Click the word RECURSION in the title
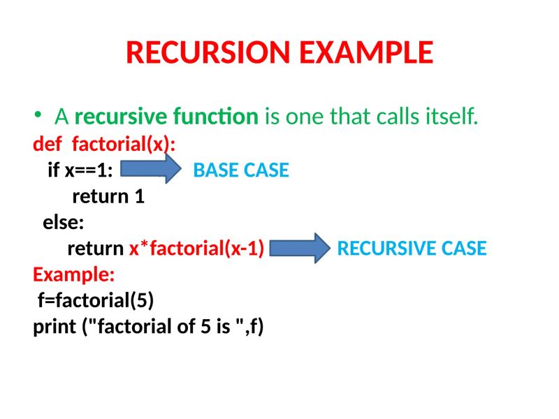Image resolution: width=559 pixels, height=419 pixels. click(x=201, y=53)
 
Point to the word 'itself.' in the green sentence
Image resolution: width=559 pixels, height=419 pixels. click(x=451, y=116)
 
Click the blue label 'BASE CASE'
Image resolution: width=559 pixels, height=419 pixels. click(x=240, y=170)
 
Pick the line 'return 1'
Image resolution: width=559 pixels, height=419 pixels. click(x=108, y=196)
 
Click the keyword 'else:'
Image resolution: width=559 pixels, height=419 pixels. click(x=63, y=223)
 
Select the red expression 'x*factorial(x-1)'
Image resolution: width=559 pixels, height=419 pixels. click(x=196, y=249)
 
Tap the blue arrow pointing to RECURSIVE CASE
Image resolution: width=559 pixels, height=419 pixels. click(x=299, y=248)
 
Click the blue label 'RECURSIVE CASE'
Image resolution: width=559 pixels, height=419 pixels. click(x=412, y=249)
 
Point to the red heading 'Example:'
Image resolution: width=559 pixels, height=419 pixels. click(x=73, y=274)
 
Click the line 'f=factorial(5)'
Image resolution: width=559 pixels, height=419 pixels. click(x=96, y=300)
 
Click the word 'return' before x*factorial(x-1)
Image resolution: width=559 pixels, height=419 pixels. click(x=96, y=249)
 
